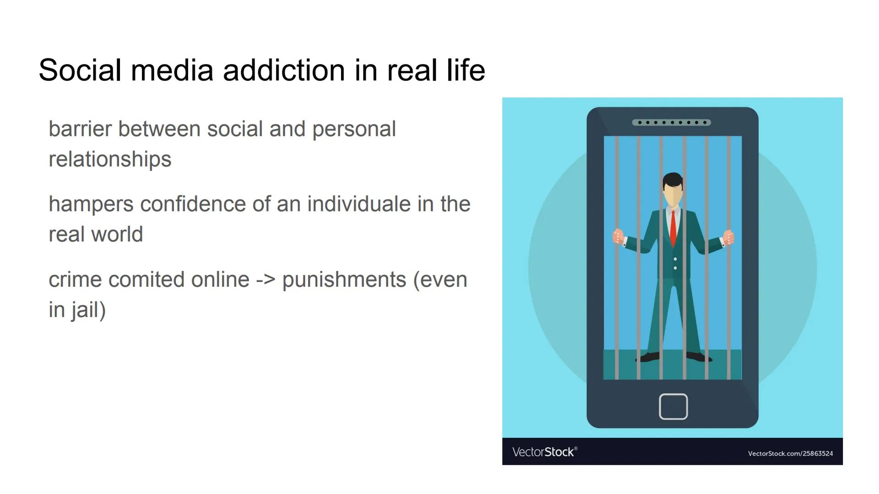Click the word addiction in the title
pyautogui.click(x=283, y=70)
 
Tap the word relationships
pyautogui.click(x=110, y=159)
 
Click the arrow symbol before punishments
pyautogui.click(x=266, y=279)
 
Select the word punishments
pyautogui.click(x=344, y=279)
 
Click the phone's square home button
pyautogui.click(x=673, y=406)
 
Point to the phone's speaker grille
pyautogui.click(x=671, y=123)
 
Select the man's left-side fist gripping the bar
pyautogui.click(x=618, y=236)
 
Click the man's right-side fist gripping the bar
pyautogui.click(x=728, y=237)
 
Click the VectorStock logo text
pyautogui.click(x=544, y=452)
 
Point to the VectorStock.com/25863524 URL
pyautogui.click(x=790, y=453)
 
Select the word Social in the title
pyautogui.click(x=80, y=70)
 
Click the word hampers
pyautogui.click(x=91, y=204)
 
